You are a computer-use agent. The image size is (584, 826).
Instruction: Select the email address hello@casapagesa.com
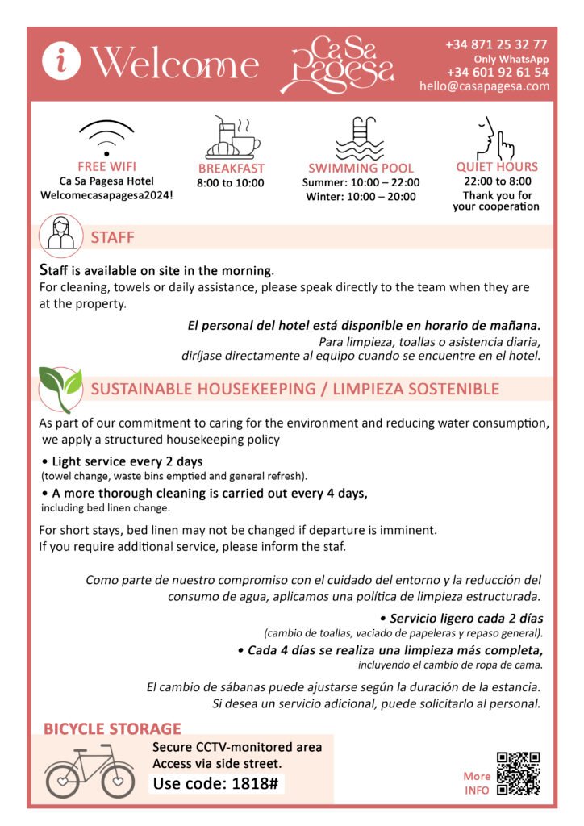pyautogui.click(x=484, y=86)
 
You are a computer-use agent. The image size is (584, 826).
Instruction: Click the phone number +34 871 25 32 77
pyautogui.click(x=496, y=44)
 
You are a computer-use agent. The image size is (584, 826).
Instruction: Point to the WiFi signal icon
pyautogui.click(x=106, y=137)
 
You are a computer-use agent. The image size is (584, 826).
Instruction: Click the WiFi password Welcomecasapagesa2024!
pyautogui.click(x=106, y=195)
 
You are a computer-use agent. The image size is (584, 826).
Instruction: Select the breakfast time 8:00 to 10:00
pyautogui.click(x=232, y=183)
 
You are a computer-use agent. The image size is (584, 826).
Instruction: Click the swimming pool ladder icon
pyautogui.click(x=360, y=137)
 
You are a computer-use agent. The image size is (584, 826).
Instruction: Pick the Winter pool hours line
pyautogui.click(x=361, y=196)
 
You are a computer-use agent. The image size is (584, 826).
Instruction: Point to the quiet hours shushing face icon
pyautogui.click(x=493, y=137)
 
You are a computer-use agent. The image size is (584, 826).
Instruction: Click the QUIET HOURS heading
pyautogui.click(x=497, y=167)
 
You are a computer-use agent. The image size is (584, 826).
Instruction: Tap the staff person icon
pyautogui.click(x=61, y=234)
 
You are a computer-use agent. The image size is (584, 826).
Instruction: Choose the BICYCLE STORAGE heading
pyautogui.click(x=112, y=729)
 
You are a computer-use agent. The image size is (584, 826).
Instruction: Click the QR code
pyautogui.click(x=518, y=774)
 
